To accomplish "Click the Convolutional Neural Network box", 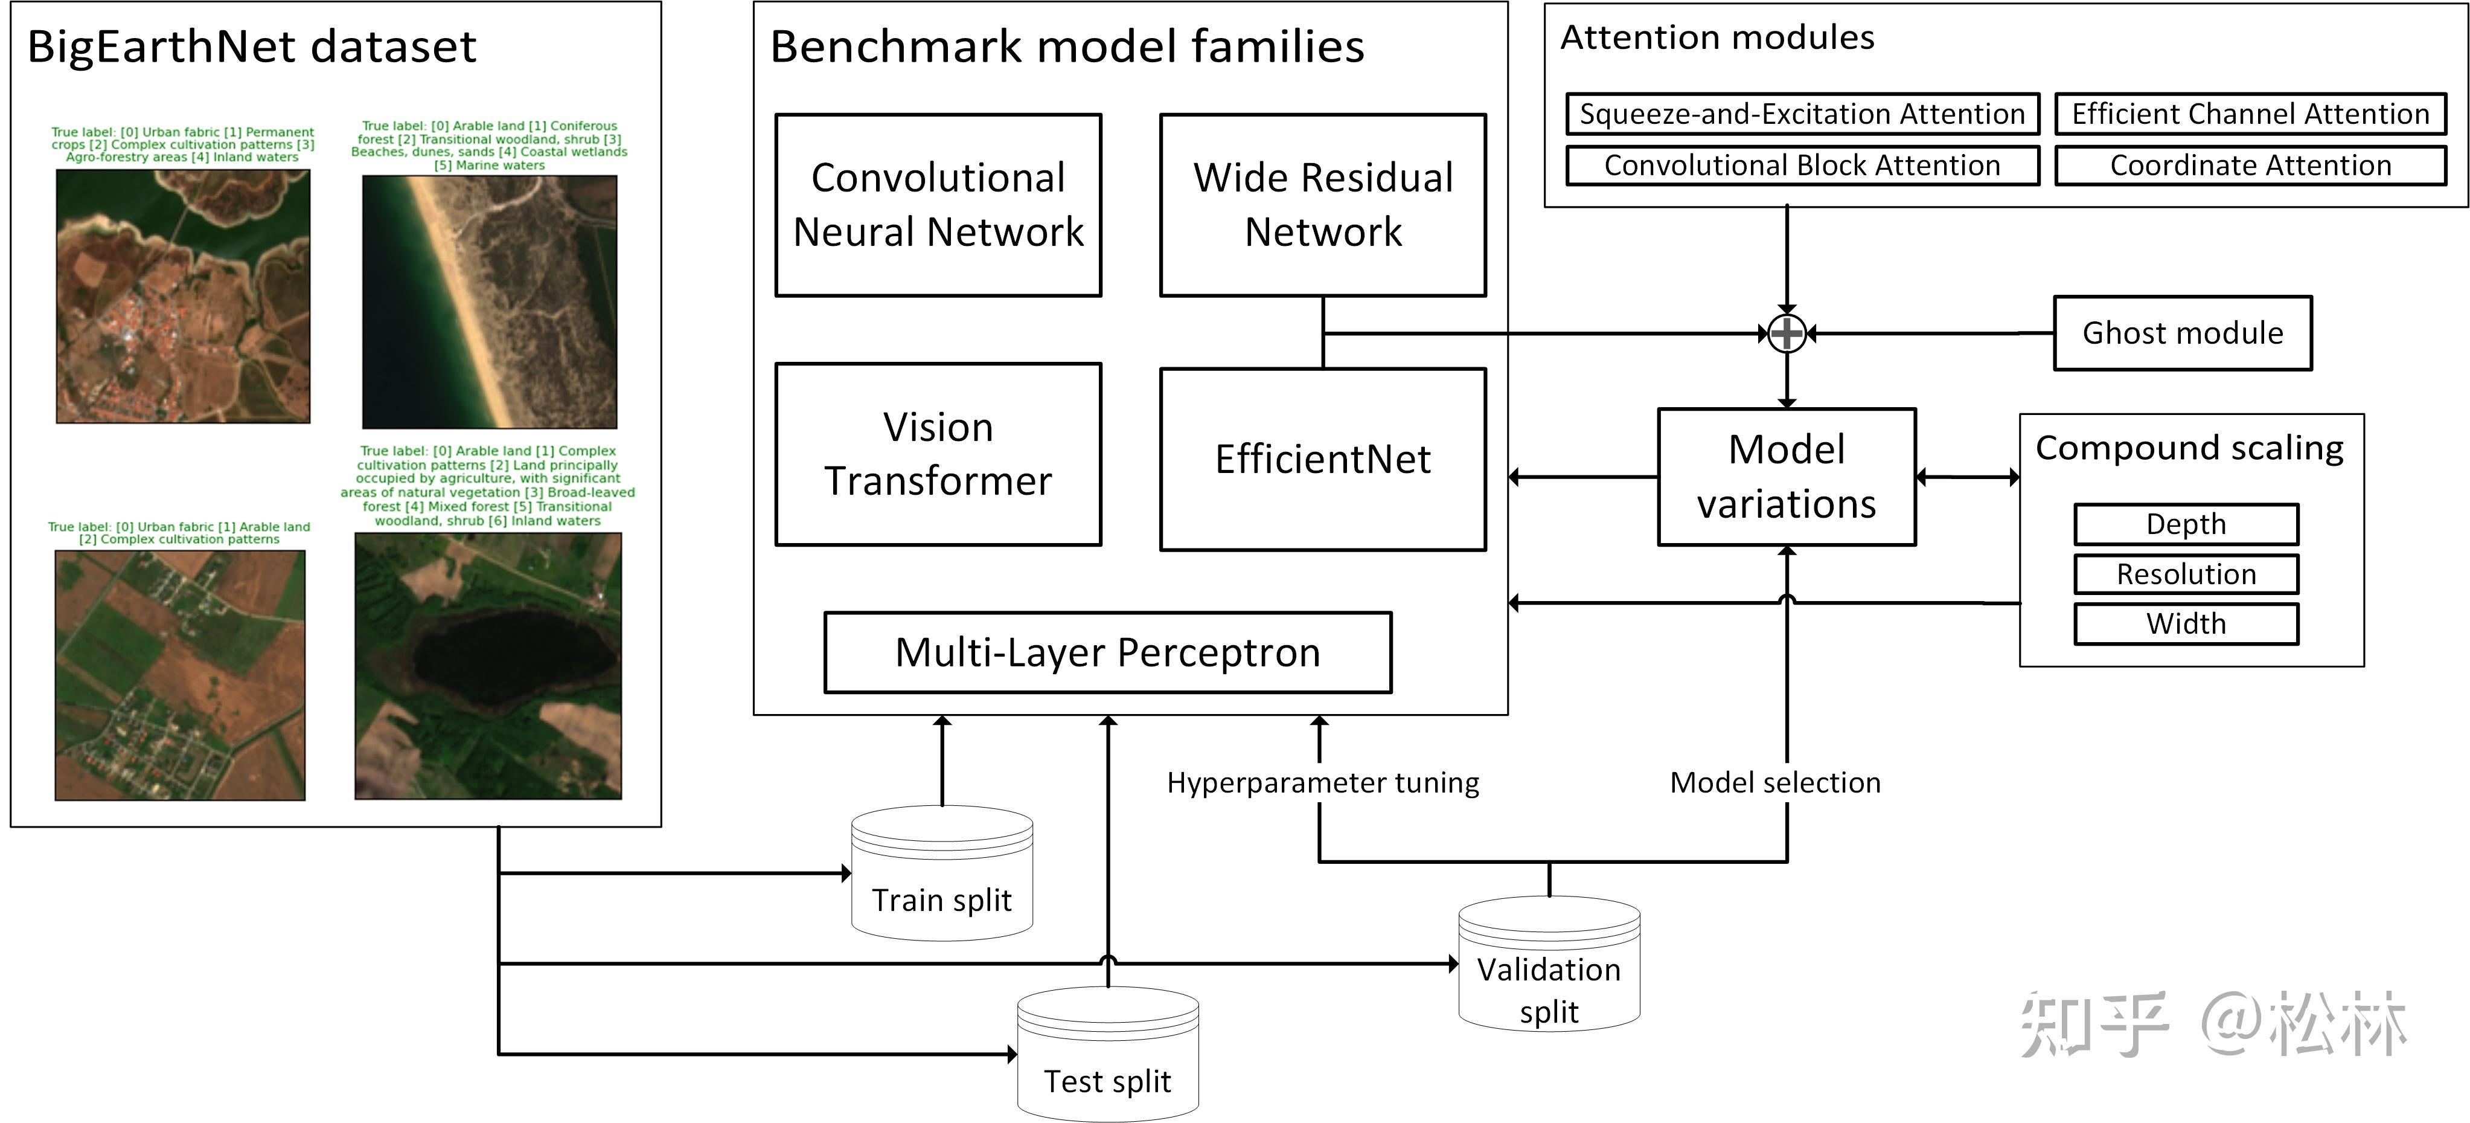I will (x=938, y=205).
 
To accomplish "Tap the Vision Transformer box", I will (x=938, y=454).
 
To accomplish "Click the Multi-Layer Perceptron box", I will (x=1107, y=652).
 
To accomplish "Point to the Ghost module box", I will (x=2183, y=333).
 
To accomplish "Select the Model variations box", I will (x=1787, y=477).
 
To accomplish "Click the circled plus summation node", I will (x=1787, y=333).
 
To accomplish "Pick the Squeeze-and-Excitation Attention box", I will (x=1802, y=114).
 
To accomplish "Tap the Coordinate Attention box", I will (x=2250, y=165).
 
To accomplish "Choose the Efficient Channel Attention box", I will (x=2250, y=114).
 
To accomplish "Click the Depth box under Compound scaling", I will (x=2186, y=524).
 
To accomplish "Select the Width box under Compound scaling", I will (x=2186, y=623).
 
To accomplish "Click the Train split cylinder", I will (x=942, y=875).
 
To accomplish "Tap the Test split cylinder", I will (x=1107, y=1055).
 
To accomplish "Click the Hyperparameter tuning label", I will (x=1322, y=782).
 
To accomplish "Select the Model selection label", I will (x=1775, y=782).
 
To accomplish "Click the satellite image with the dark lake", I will (x=488, y=666).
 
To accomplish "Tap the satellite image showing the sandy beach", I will (x=489, y=301).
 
